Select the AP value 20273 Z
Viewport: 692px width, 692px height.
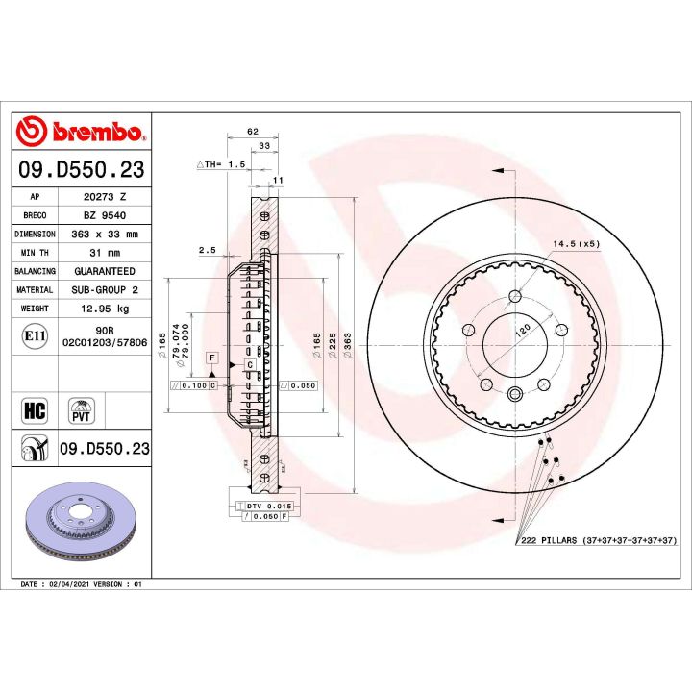click(105, 195)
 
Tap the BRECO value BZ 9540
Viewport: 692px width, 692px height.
click(105, 214)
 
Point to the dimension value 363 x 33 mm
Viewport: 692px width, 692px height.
click(105, 234)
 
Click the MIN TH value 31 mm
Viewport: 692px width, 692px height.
click(105, 253)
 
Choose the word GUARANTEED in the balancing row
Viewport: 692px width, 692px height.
click(105, 272)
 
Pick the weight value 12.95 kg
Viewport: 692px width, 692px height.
click(105, 309)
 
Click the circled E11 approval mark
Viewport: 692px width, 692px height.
click(32, 336)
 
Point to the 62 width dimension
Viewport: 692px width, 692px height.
click(253, 131)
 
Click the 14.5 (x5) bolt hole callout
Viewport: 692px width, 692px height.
click(576, 244)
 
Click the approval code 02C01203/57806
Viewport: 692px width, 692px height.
click(105, 341)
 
